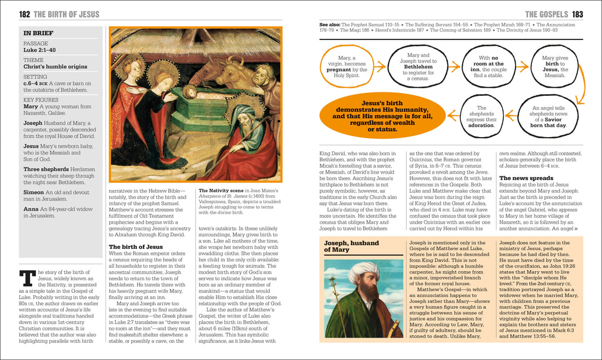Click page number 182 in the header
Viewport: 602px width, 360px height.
click(25, 14)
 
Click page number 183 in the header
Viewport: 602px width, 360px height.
click(577, 14)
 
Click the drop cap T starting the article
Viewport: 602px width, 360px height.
click(26, 279)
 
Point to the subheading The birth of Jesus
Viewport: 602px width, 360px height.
click(136, 246)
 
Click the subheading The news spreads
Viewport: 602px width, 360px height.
click(526, 178)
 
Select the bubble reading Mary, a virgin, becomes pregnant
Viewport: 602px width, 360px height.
click(352, 66)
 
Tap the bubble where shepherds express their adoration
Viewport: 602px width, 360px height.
click(481, 116)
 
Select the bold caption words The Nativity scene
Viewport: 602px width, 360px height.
click(221, 191)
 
